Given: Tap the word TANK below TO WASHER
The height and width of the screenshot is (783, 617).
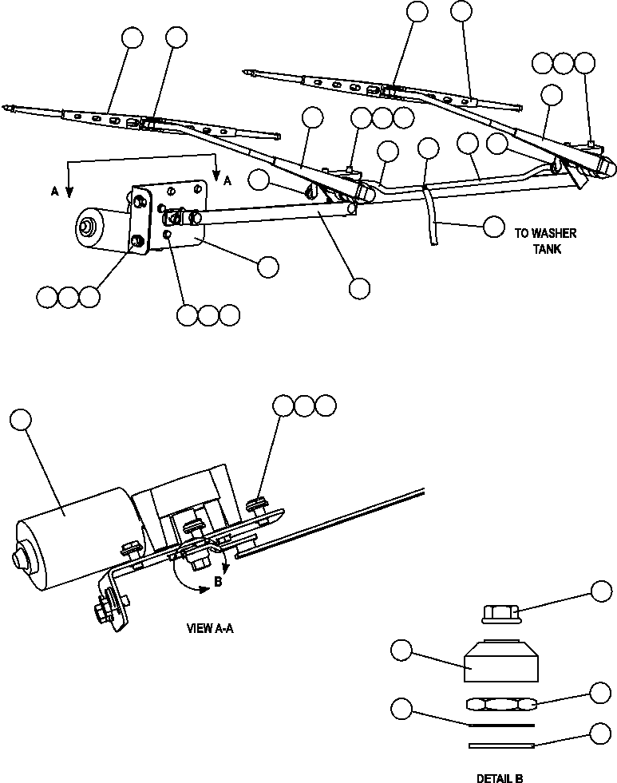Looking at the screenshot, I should pos(547,249).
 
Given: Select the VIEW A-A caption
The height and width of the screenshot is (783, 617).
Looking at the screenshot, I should pos(210,628).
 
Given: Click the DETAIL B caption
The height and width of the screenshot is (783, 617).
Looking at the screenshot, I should pos(500,777).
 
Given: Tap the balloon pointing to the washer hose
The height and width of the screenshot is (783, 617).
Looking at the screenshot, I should pos(494,225).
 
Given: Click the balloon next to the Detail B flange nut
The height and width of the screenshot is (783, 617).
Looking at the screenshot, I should pos(600,591).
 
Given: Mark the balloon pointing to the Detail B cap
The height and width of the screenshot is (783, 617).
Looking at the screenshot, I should pos(401,651).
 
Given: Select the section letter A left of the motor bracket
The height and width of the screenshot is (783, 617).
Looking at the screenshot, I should pos(55,192).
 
